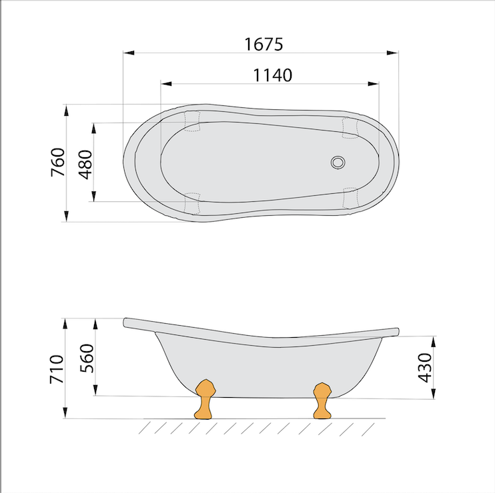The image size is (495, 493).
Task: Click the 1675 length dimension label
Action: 264,44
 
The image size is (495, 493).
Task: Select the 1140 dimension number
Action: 273,75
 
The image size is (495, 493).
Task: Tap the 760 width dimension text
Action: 58,162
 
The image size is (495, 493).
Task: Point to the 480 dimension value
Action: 85,165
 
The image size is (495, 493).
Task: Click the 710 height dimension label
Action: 57,369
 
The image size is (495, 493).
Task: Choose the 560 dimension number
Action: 87,358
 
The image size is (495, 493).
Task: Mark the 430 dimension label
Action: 424,368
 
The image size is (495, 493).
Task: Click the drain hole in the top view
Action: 338,163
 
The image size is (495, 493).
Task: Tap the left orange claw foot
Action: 205,399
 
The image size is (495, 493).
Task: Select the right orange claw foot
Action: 322,400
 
